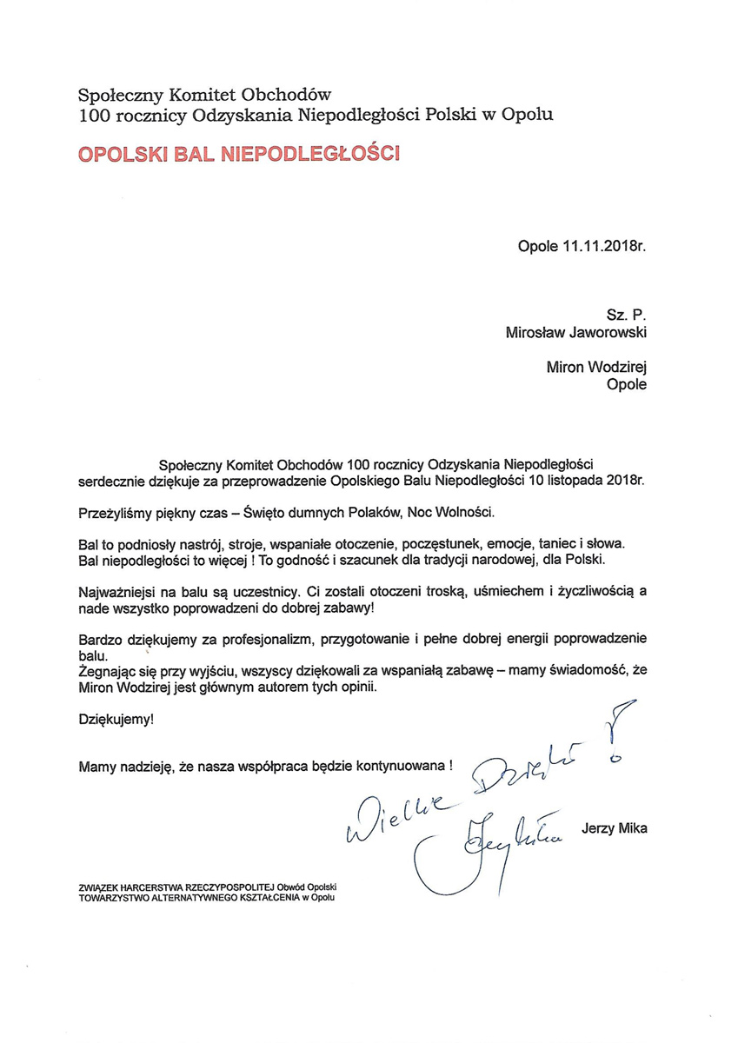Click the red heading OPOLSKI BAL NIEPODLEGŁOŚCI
(x=239, y=156)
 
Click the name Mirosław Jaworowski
(x=570, y=331)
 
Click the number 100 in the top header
(x=95, y=113)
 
